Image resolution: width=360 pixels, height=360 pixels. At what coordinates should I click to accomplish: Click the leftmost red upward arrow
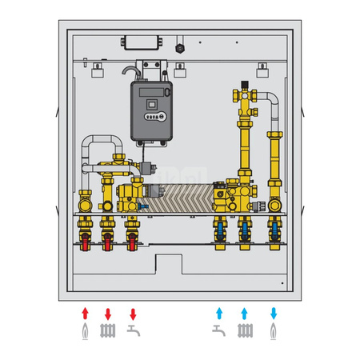85,312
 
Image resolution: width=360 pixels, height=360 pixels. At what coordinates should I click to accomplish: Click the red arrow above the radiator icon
108,312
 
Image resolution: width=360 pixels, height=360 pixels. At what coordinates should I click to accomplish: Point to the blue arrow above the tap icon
217,312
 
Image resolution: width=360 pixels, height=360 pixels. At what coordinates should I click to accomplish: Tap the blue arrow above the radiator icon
245,312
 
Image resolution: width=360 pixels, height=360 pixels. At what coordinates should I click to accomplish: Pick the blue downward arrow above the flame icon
274,312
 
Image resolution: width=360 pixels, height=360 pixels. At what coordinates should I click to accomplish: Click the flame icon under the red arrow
85,330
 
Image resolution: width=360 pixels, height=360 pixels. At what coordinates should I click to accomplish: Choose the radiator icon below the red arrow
108,330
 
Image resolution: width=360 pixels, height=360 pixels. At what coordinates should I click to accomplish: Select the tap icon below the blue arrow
217,330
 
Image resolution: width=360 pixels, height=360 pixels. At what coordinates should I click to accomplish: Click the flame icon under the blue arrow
274,330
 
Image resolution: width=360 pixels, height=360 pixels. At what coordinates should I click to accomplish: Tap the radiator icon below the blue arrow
245,330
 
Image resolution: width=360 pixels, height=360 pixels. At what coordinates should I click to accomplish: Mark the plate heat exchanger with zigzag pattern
184,197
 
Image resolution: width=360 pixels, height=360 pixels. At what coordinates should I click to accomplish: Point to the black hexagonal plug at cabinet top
181,46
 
